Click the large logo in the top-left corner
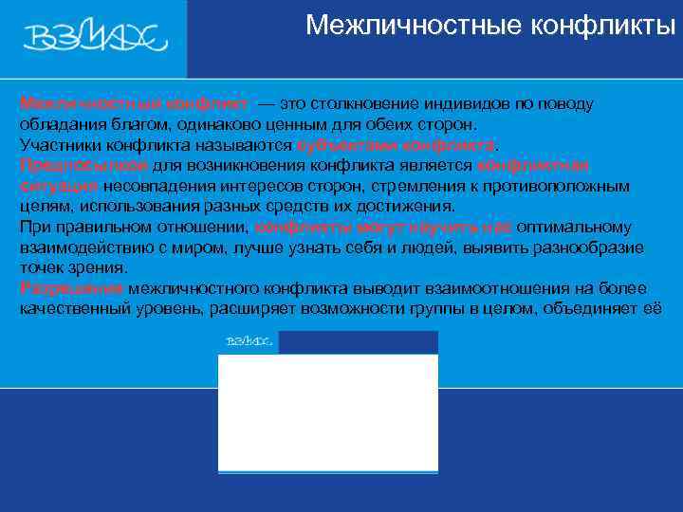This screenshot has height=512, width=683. tap(95, 37)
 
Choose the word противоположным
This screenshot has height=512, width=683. tap(568, 186)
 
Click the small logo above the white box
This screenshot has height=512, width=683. tap(249, 341)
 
